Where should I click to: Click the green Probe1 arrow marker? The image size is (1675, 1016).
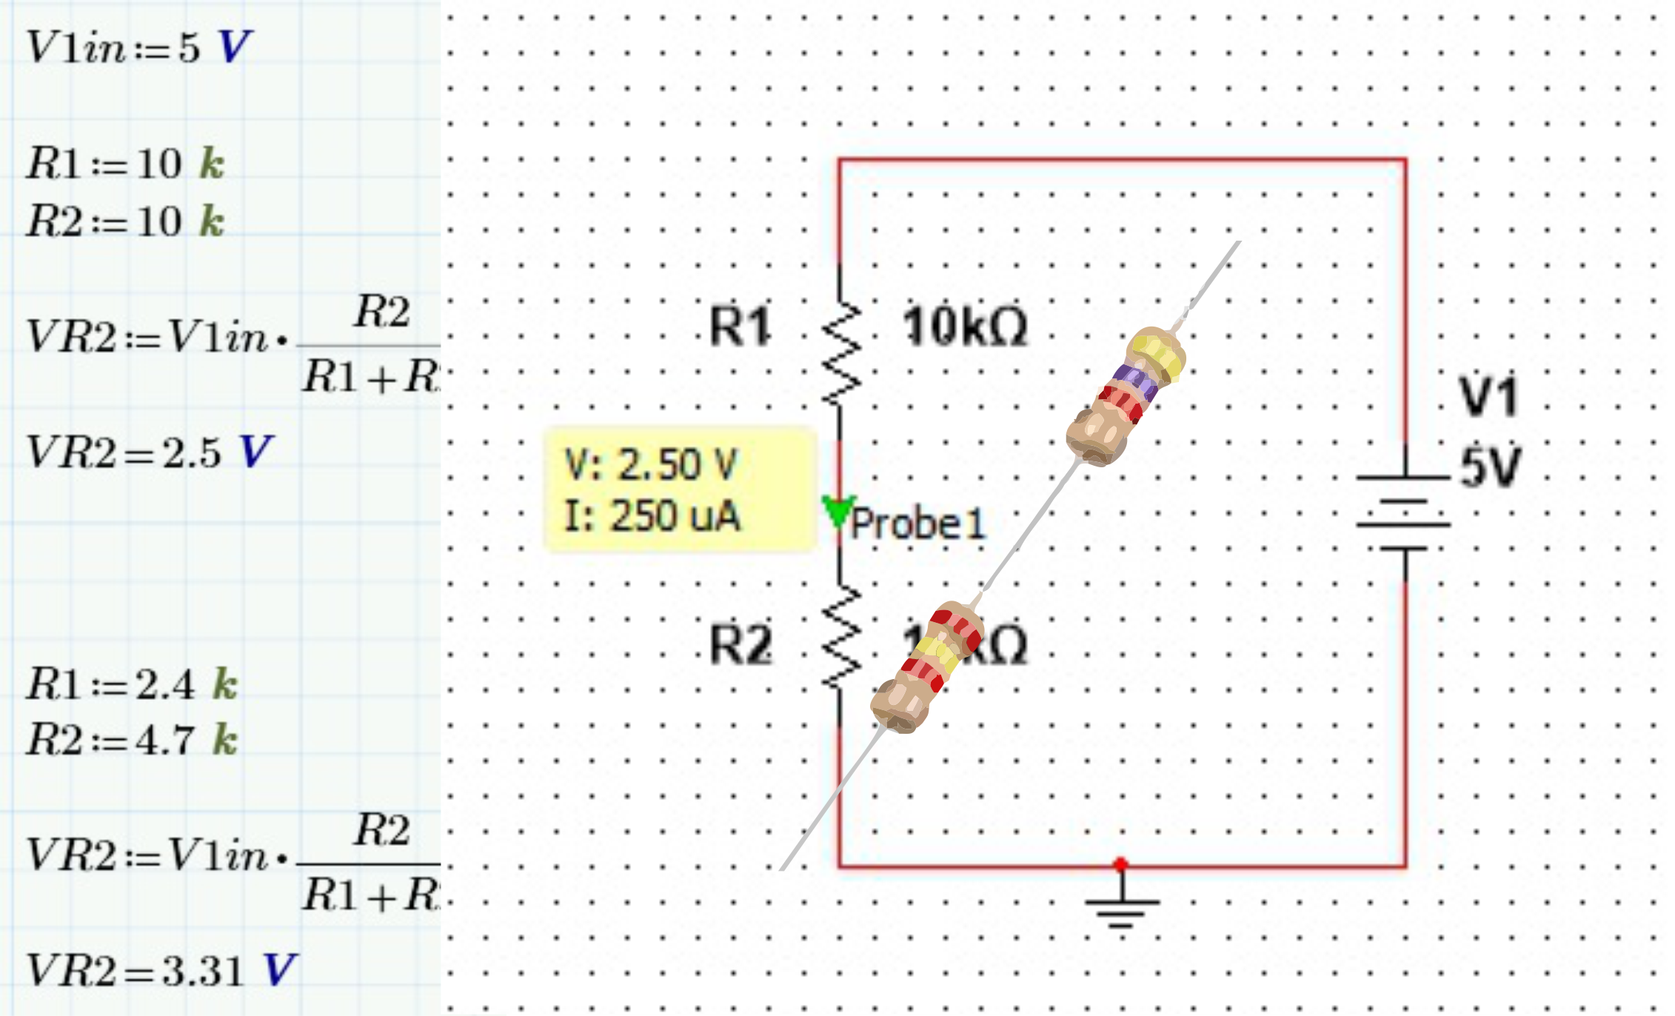pos(838,510)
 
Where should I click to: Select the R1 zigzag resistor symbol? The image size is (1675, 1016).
pos(841,354)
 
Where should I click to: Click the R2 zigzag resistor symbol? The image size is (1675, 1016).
pos(841,638)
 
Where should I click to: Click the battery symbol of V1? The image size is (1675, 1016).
pos(1403,512)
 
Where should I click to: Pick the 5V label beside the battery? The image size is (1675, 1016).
pos(1490,467)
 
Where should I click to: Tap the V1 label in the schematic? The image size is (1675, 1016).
pos(1488,397)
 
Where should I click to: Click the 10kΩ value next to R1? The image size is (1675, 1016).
pos(965,327)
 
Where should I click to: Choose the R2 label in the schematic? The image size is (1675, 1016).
pos(740,644)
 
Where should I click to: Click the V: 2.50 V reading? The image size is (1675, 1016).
pos(651,465)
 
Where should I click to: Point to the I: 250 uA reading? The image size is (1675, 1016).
pos(652,516)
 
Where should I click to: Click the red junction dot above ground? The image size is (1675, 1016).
pos(1120,864)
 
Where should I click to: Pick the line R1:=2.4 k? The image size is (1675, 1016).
pos(132,684)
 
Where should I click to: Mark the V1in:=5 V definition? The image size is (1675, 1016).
pos(139,47)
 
